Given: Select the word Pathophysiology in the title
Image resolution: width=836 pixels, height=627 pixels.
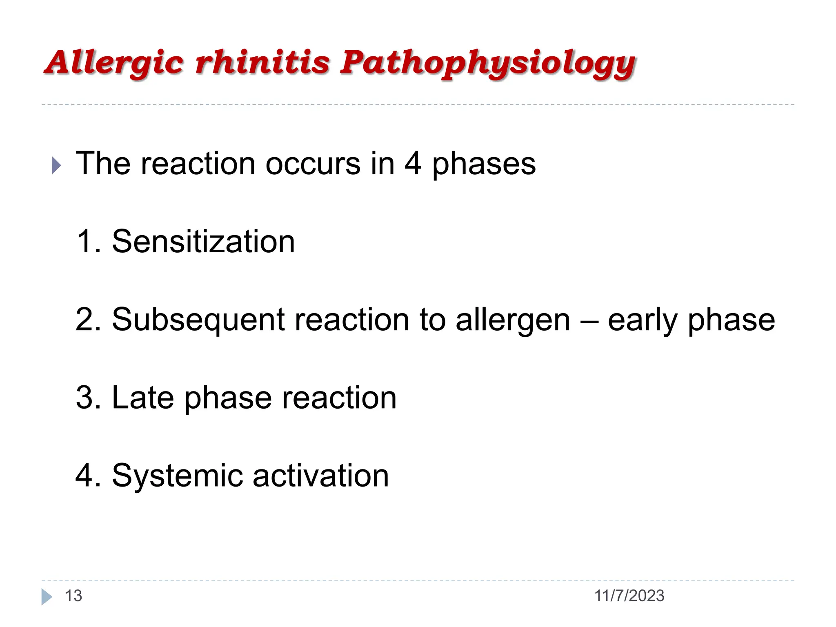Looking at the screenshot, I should [488, 63].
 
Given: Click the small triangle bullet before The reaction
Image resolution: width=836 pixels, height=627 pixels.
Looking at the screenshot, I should [56, 166].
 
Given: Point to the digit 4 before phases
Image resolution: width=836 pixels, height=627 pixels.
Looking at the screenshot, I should [413, 163].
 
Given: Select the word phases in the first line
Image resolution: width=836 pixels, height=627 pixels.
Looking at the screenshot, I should [484, 164].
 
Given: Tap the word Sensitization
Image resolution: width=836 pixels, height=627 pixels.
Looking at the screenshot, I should [203, 242].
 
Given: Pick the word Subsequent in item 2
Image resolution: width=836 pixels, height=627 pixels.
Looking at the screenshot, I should [198, 320].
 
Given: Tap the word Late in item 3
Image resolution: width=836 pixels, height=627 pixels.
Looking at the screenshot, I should [142, 398].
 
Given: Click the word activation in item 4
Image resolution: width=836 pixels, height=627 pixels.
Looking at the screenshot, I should [320, 476].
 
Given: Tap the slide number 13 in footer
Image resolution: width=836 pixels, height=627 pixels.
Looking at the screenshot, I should [73, 596].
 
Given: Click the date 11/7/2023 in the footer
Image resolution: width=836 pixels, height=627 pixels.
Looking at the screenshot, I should [629, 596].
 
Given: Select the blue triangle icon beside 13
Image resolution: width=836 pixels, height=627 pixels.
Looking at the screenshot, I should [47, 597].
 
